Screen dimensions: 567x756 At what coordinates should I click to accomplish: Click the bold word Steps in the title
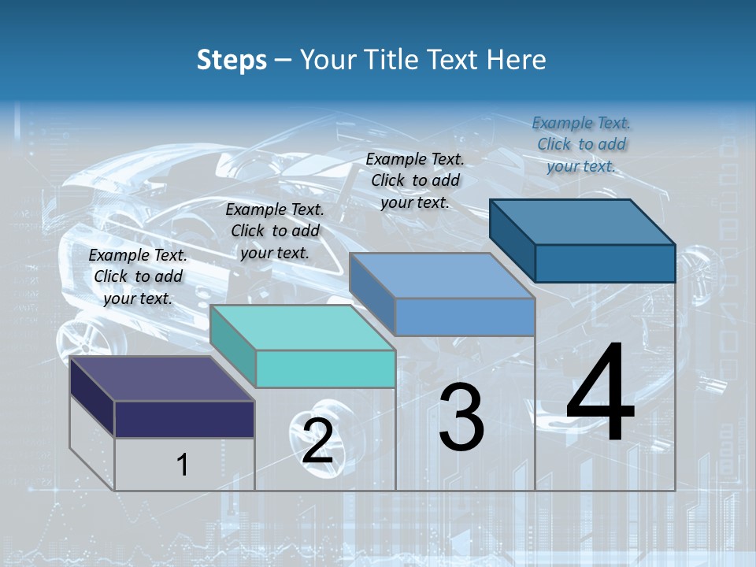(x=231, y=60)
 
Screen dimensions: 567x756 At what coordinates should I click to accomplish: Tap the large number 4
(x=601, y=395)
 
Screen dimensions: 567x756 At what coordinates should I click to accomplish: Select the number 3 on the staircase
(x=461, y=417)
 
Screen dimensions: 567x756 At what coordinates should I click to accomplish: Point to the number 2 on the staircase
(x=317, y=441)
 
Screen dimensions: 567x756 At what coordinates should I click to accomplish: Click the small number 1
(x=183, y=465)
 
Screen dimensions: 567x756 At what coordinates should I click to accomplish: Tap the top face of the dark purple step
(x=161, y=379)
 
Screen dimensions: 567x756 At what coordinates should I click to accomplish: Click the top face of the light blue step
(x=441, y=276)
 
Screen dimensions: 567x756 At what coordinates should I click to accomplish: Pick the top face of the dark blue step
(x=582, y=222)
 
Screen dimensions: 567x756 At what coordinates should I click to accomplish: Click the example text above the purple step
(x=138, y=276)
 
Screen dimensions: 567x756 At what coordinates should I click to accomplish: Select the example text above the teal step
(x=275, y=231)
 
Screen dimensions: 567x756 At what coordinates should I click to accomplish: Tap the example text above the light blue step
(x=415, y=180)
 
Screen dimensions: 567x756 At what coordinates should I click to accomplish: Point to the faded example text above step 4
(x=581, y=144)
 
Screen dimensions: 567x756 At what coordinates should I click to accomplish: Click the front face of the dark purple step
(x=184, y=419)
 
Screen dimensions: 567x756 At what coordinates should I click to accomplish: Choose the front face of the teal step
(x=325, y=369)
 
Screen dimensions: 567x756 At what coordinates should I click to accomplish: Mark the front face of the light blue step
(x=465, y=317)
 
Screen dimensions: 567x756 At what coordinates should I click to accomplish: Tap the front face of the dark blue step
(x=605, y=263)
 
